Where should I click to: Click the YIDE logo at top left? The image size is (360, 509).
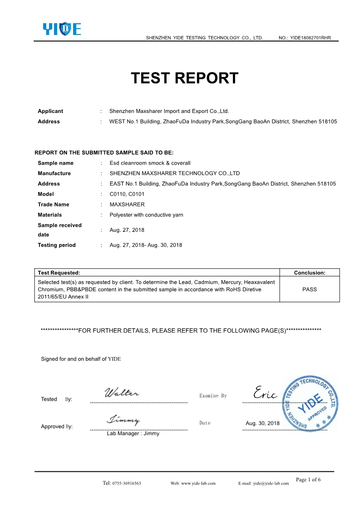pos(62,29)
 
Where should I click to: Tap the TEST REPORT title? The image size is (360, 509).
pos(184,78)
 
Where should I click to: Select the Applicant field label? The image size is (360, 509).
pos(50,111)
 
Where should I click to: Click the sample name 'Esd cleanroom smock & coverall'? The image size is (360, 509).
pos(150,163)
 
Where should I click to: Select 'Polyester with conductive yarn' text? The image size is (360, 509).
pos(146,215)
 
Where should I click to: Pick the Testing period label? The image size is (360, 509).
pos(57,245)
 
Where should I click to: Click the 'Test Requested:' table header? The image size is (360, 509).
pos(59,273)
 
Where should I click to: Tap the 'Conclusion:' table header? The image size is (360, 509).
pos(310,273)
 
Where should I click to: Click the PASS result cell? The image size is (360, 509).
pos(309,289)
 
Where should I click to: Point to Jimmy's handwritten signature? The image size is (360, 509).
pos(123,420)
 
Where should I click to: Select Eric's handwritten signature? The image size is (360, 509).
pos(266,393)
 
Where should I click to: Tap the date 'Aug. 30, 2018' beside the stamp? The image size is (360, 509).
pos(262,423)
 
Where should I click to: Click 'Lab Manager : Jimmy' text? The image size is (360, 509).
pos(133,433)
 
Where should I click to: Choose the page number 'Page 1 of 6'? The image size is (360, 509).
pos(308,480)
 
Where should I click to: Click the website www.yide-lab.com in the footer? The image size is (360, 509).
pos(193,483)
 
